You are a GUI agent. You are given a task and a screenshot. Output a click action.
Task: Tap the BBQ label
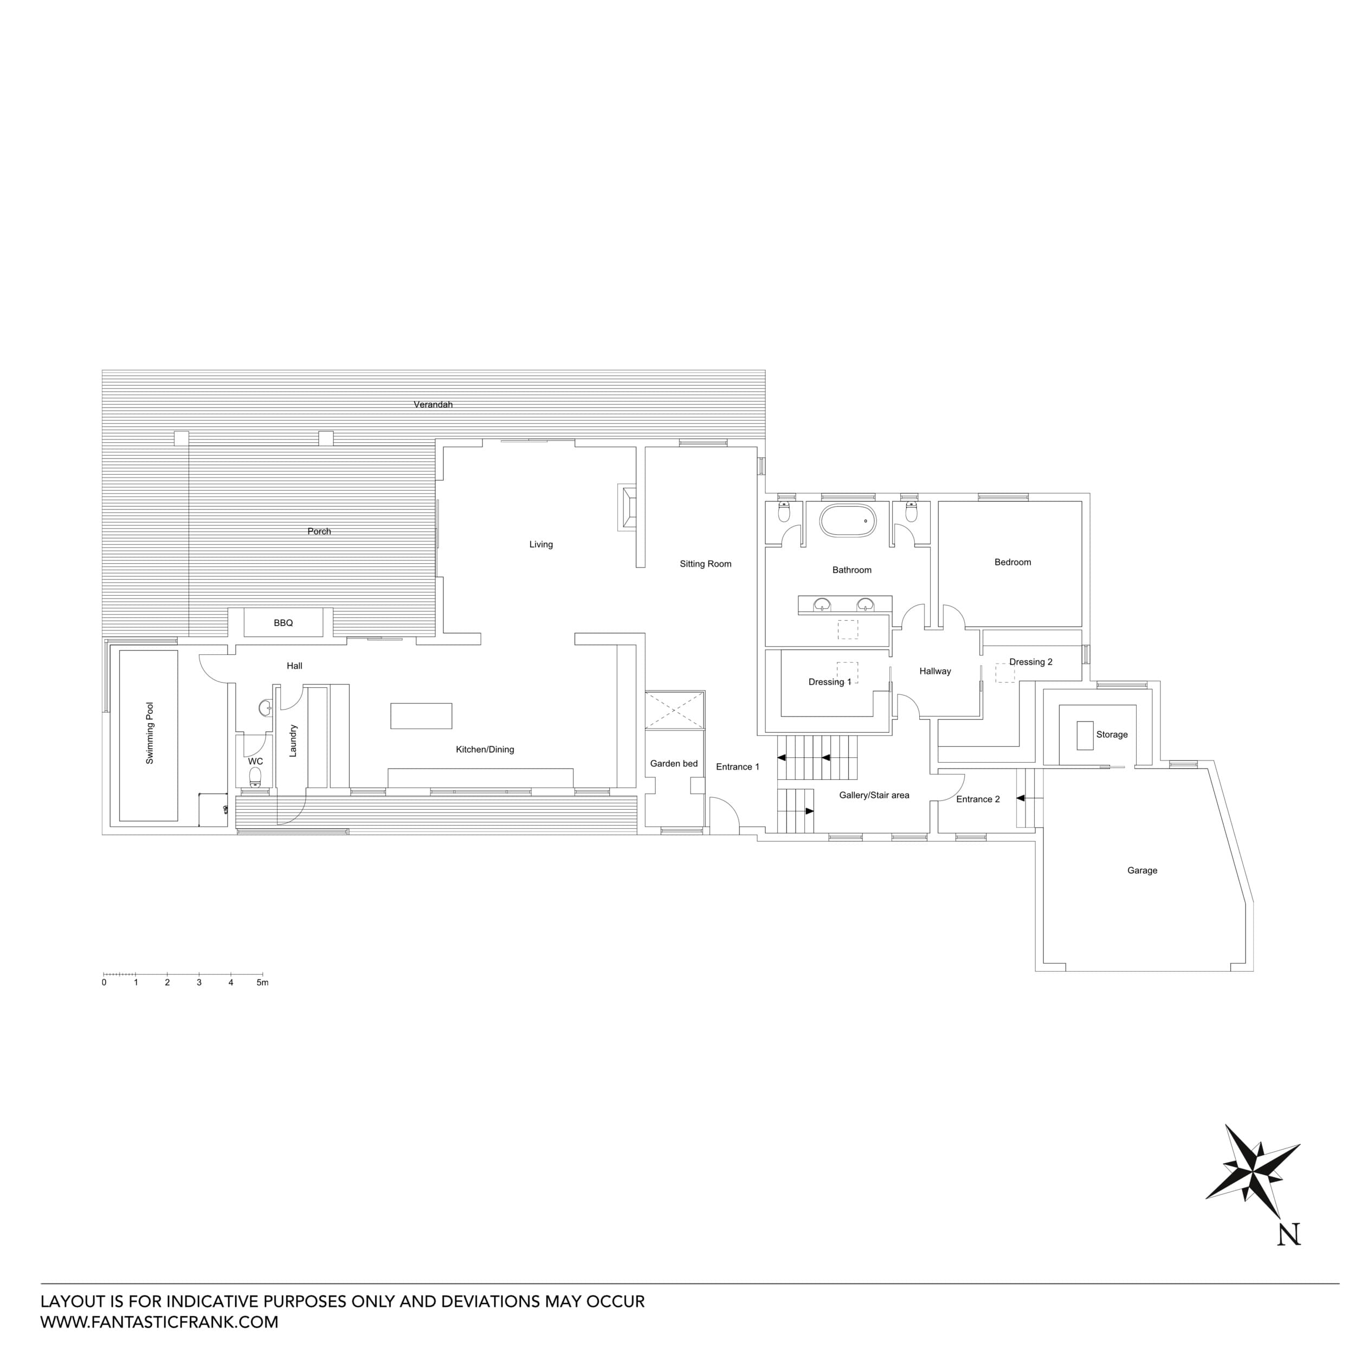[x=283, y=623]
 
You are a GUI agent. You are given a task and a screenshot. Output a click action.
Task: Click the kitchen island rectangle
[x=421, y=716]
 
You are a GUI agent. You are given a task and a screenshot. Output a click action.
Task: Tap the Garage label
[x=1142, y=870]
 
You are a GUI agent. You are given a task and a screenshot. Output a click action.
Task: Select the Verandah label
[x=433, y=405]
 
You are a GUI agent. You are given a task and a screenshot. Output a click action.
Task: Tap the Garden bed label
[x=673, y=764]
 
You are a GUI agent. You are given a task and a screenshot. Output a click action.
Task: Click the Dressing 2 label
[x=1030, y=662]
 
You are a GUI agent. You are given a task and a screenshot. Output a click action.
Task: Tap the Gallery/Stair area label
[x=874, y=795]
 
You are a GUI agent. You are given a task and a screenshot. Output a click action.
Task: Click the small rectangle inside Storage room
[x=1085, y=735]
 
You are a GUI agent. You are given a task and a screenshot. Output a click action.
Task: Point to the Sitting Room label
[x=705, y=564]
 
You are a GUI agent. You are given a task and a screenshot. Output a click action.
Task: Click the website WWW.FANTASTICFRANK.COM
[x=159, y=1322]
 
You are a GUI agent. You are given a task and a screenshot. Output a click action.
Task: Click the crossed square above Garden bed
[x=674, y=711]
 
